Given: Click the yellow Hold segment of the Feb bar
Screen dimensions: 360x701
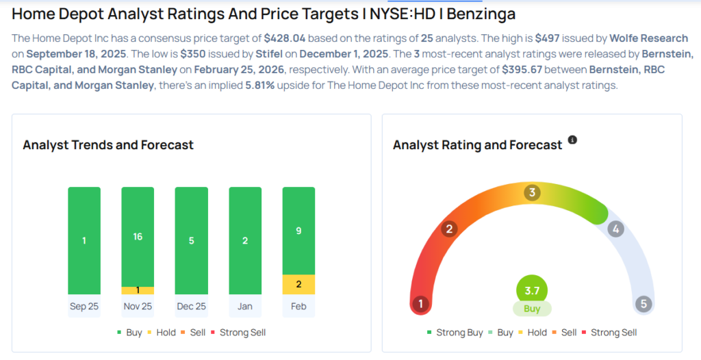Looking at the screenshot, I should pyautogui.click(x=298, y=284).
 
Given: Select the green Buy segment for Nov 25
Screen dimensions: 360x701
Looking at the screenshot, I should pyautogui.click(x=138, y=236).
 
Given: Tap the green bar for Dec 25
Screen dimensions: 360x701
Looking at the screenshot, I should pyautogui.click(x=191, y=240).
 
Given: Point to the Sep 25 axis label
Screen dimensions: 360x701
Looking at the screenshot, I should pyautogui.click(x=84, y=306).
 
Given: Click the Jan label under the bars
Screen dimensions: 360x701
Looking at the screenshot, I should pyautogui.click(x=245, y=306).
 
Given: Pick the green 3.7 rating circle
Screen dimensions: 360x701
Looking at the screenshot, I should pyautogui.click(x=532, y=290).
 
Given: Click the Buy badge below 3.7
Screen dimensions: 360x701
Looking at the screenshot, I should pyautogui.click(x=532, y=309).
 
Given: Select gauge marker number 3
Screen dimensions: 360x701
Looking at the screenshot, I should pyautogui.click(x=532, y=192).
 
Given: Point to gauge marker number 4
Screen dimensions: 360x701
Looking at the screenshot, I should pyautogui.click(x=615, y=229).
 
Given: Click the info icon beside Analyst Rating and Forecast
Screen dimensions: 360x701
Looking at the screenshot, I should pyautogui.click(x=572, y=140).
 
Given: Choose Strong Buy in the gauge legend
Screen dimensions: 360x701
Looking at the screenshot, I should pyautogui.click(x=455, y=333).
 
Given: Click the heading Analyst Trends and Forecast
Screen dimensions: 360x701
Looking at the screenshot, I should pyautogui.click(x=108, y=145).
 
